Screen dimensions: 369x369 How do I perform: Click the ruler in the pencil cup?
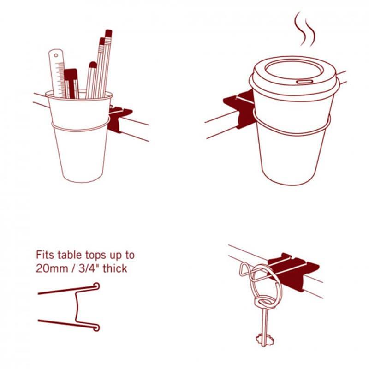coord(57,73)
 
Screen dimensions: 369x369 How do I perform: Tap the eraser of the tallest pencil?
coord(108,33)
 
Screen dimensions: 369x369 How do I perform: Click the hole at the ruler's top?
coord(56,55)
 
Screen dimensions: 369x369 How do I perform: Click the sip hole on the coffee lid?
coord(304,82)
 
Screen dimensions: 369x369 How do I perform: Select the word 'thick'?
coord(115,268)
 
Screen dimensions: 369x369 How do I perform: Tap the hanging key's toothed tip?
coord(264,339)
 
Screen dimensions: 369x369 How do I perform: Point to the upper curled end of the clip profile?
coord(96,286)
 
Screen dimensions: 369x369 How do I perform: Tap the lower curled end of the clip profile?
coord(96,327)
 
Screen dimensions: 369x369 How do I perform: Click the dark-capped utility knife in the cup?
coord(71,83)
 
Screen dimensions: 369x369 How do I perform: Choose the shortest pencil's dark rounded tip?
coord(93,65)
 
